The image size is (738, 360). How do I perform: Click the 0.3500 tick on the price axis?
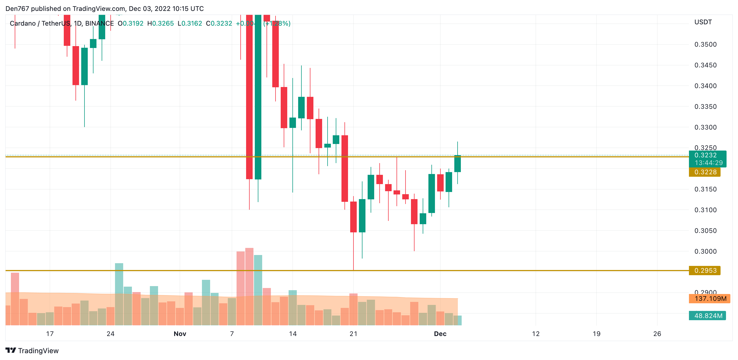pos(705,44)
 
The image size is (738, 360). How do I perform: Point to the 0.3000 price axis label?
pos(705,251)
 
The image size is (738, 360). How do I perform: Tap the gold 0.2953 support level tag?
pos(704,271)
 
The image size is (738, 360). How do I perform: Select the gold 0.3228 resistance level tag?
pos(704,172)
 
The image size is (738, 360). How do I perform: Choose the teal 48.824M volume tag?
pos(708,316)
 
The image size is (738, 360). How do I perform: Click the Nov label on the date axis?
pos(180,334)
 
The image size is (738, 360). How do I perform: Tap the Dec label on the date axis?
pos(440,334)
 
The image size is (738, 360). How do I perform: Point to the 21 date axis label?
pos(353,334)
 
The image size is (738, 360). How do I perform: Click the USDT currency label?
pos(703,22)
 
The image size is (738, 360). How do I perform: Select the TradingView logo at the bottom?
pos(32,350)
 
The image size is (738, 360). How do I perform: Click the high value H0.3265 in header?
pos(161,23)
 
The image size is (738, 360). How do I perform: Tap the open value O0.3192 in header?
pos(131,23)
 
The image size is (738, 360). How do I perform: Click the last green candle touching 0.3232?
pos(458,164)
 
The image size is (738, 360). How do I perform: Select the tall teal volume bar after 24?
pos(119,294)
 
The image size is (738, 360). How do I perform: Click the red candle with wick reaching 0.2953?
pos(353,217)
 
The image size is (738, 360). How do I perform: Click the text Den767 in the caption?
pos(17,9)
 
